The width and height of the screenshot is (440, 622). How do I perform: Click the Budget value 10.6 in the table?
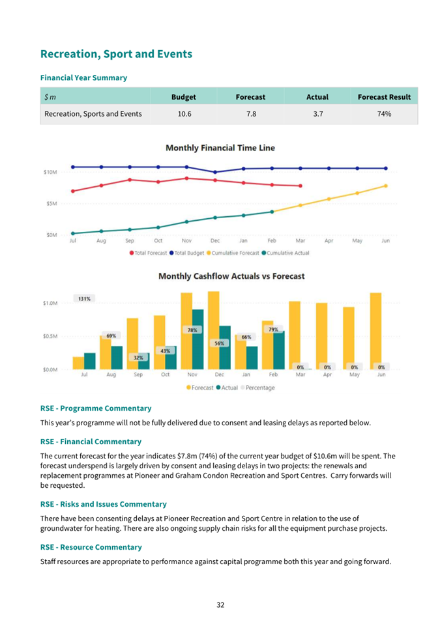pyautogui.click(x=184, y=114)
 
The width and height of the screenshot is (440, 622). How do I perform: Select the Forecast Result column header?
pyautogui.click(x=384, y=97)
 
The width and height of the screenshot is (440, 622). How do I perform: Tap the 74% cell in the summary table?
pyautogui.click(x=384, y=114)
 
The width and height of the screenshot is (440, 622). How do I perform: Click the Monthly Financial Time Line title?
pyautogui.click(x=220, y=148)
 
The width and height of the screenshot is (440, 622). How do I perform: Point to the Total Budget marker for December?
pyautogui.click(x=215, y=172)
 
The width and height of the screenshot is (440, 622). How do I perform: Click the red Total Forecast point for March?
pyautogui.click(x=301, y=186)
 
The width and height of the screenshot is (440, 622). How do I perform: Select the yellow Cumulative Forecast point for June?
pyautogui.click(x=386, y=186)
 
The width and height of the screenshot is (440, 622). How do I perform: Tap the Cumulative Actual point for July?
pyautogui.click(x=72, y=233)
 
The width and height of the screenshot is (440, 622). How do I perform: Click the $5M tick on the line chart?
pyautogui.click(x=51, y=203)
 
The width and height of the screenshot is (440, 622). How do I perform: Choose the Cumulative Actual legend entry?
pyautogui.click(x=286, y=253)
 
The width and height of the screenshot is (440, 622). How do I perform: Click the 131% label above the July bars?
pyautogui.click(x=84, y=298)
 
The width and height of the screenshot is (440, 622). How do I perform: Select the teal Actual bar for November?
pyautogui.click(x=198, y=339)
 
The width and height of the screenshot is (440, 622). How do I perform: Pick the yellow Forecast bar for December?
pyautogui.click(x=214, y=330)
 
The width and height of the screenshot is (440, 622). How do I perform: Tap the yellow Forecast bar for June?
pyautogui.click(x=375, y=332)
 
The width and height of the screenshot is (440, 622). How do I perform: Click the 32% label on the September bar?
pyautogui.click(x=138, y=358)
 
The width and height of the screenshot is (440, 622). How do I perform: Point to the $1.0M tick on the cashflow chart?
pyautogui.click(x=50, y=303)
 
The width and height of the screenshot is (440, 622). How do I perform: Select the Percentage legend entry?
pyautogui.click(x=257, y=388)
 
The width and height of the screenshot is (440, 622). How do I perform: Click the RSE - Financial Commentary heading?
pyautogui.click(x=91, y=442)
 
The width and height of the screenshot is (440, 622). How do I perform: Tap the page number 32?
pyautogui.click(x=220, y=605)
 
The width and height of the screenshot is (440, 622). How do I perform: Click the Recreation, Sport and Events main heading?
pyautogui.click(x=116, y=54)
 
